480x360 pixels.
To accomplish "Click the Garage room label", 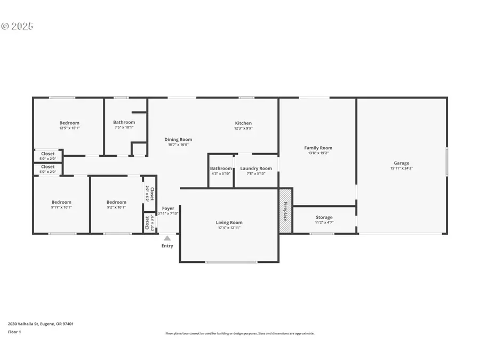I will (x=402, y=163).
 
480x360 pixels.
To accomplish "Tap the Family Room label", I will (x=318, y=148).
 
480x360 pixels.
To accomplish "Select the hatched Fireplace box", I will (x=285, y=211).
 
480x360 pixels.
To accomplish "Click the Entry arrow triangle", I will (x=167, y=238).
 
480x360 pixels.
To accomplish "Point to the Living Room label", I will (x=229, y=222).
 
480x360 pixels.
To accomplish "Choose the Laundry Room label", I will (x=255, y=169).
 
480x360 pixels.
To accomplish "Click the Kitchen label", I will (x=243, y=123).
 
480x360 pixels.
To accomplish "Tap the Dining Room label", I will (x=178, y=139).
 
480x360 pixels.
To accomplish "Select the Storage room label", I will (x=324, y=217).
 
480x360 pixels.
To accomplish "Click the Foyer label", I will (x=168, y=209).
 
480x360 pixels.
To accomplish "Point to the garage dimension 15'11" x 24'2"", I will (x=402, y=169).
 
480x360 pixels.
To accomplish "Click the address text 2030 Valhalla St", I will (x=41, y=324).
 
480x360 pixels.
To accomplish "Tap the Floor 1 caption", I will (x=14, y=332).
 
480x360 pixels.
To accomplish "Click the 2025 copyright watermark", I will (x=17, y=26).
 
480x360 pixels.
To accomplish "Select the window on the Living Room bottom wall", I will (x=228, y=262).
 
